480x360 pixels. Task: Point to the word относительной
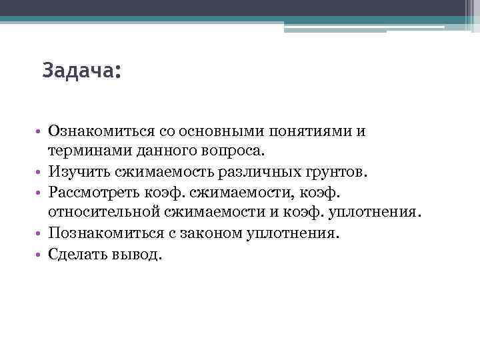tap(105, 213)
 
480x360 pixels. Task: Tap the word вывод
tap(137, 255)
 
